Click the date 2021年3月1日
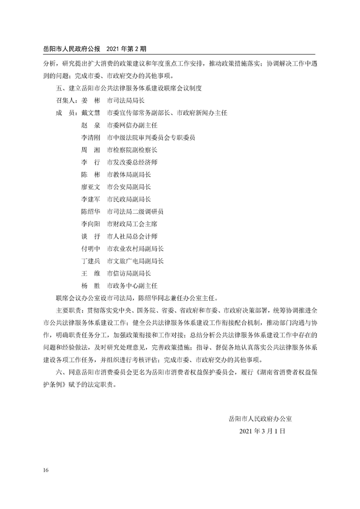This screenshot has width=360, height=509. [261, 432]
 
